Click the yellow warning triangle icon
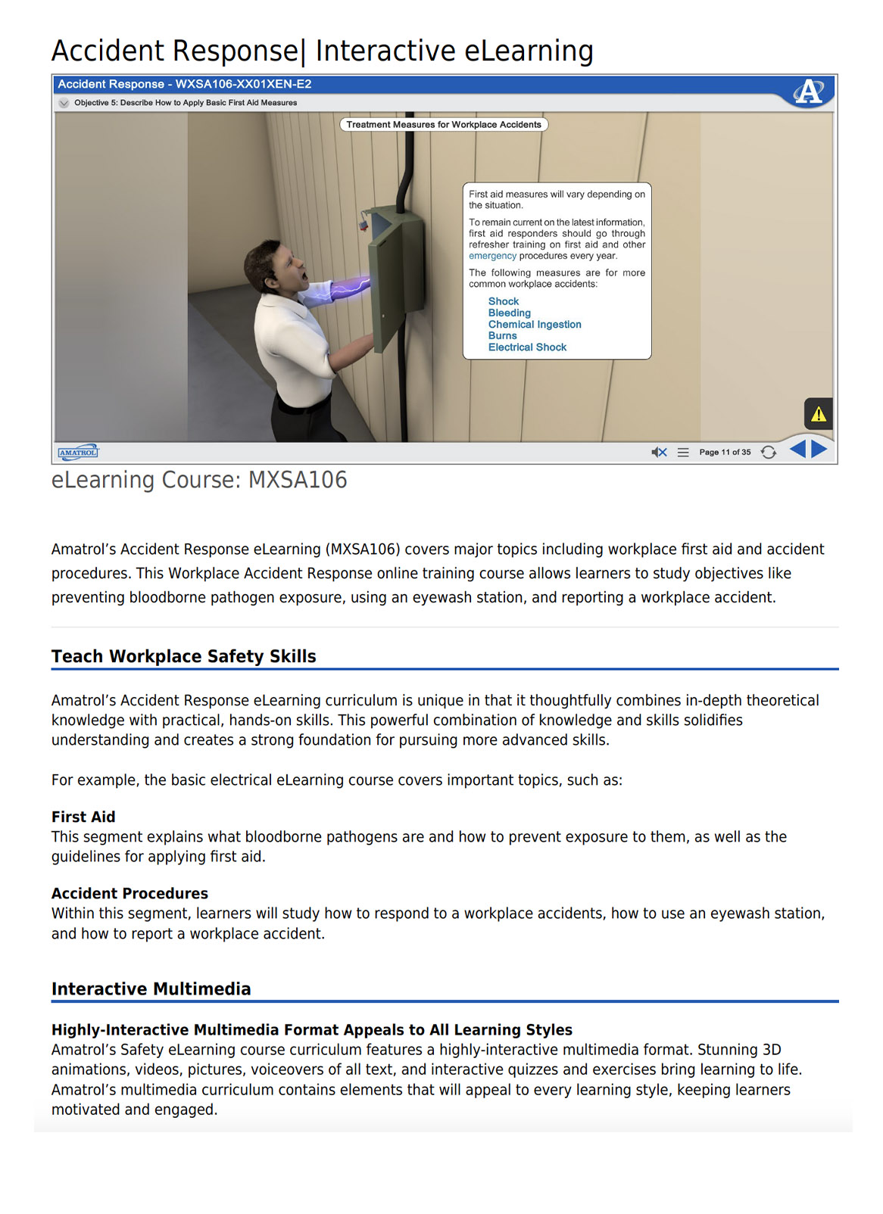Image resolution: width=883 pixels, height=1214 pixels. [x=818, y=414]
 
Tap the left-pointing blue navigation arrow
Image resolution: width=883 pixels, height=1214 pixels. [x=797, y=450]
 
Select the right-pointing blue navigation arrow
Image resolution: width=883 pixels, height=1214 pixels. [x=819, y=450]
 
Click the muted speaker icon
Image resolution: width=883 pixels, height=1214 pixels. [x=659, y=452]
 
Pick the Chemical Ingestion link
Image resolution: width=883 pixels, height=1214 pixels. [x=535, y=325]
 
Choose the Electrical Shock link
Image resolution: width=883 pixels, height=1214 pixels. [x=527, y=347]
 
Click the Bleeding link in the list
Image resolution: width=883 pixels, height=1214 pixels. [x=509, y=313]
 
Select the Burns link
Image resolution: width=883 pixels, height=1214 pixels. [x=502, y=336]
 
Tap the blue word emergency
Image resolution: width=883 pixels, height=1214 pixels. [x=492, y=256]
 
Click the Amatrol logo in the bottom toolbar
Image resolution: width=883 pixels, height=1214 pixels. [x=78, y=453]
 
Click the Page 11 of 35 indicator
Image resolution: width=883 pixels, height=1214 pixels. [x=725, y=452]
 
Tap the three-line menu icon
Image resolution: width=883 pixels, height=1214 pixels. [x=683, y=452]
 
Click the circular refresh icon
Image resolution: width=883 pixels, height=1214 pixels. [x=768, y=452]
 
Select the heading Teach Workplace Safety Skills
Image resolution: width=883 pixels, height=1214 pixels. [x=184, y=656]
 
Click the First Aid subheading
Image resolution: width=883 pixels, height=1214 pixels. [x=83, y=817]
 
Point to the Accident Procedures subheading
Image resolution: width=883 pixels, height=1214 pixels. [x=129, y=893]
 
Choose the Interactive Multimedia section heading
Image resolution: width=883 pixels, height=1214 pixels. [x=151, y=989]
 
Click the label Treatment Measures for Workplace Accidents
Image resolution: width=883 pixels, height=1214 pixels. [x=444, y=125]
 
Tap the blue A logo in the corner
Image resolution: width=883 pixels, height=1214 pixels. [x=808, y=92]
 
